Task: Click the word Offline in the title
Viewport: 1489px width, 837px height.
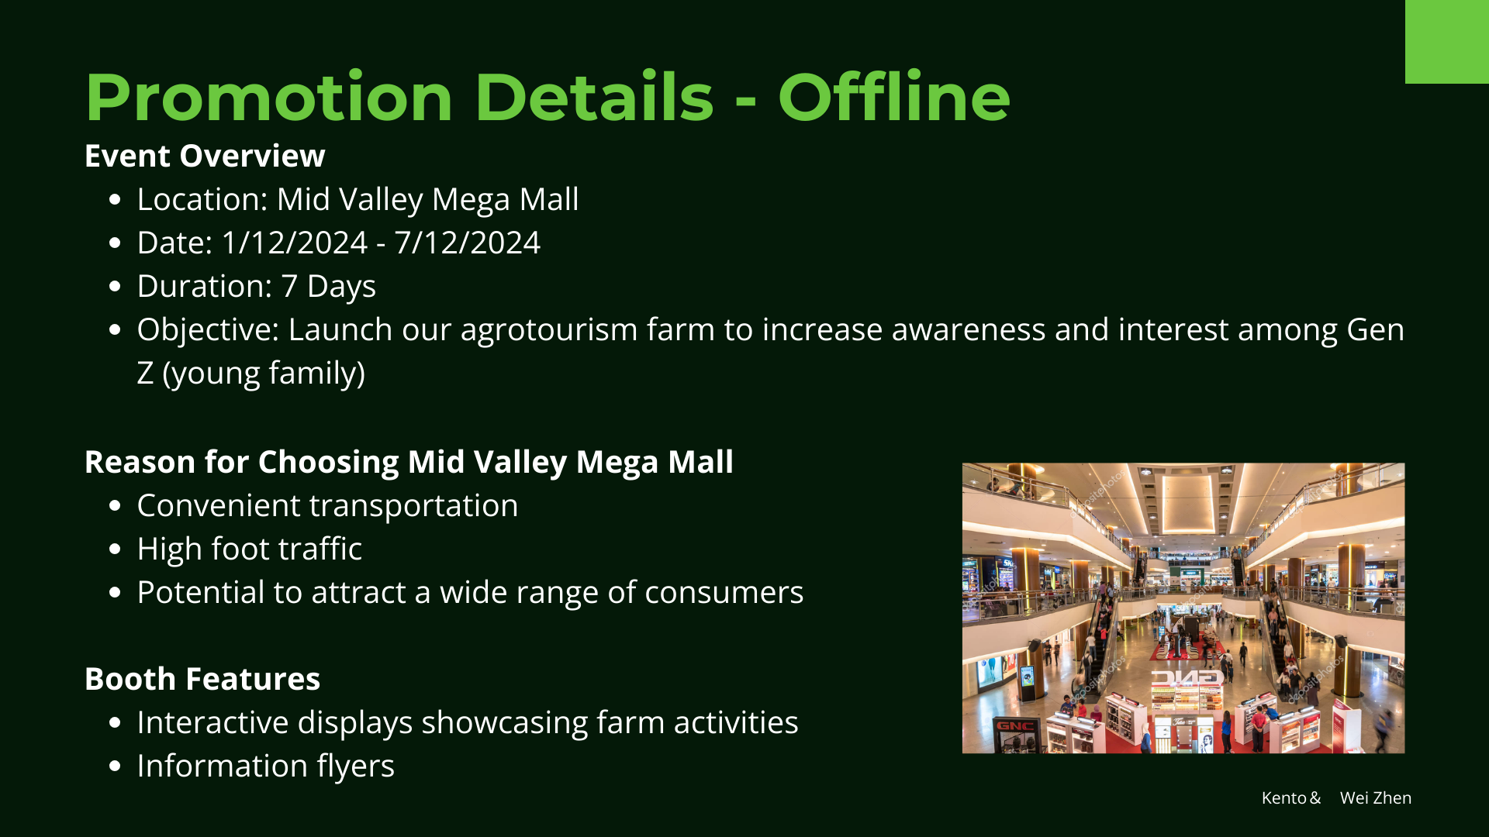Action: coord(894,97)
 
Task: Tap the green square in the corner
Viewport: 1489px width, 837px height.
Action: coord(1447,42)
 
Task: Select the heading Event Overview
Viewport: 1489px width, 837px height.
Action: coord(205,156)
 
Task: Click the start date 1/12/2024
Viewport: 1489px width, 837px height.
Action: coord(295,243)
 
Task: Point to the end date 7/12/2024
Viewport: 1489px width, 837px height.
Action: coord(468,243)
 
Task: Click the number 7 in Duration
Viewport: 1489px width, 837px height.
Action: coord(289,286)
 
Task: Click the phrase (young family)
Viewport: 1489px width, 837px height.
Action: coord(264,374)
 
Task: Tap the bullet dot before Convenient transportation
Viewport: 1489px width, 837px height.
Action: coord(116,506)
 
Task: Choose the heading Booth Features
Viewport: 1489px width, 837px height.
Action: coord(202,679)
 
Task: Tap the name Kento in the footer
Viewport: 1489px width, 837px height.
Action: coord(1283,797)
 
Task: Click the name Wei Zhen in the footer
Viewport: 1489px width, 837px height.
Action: coord(1376,797)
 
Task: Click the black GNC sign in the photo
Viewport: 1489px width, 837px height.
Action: coord(1015,727)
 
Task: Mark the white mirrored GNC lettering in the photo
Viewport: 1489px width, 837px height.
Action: coord(1187,678)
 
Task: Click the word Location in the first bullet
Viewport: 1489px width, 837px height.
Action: coord(202,199)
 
